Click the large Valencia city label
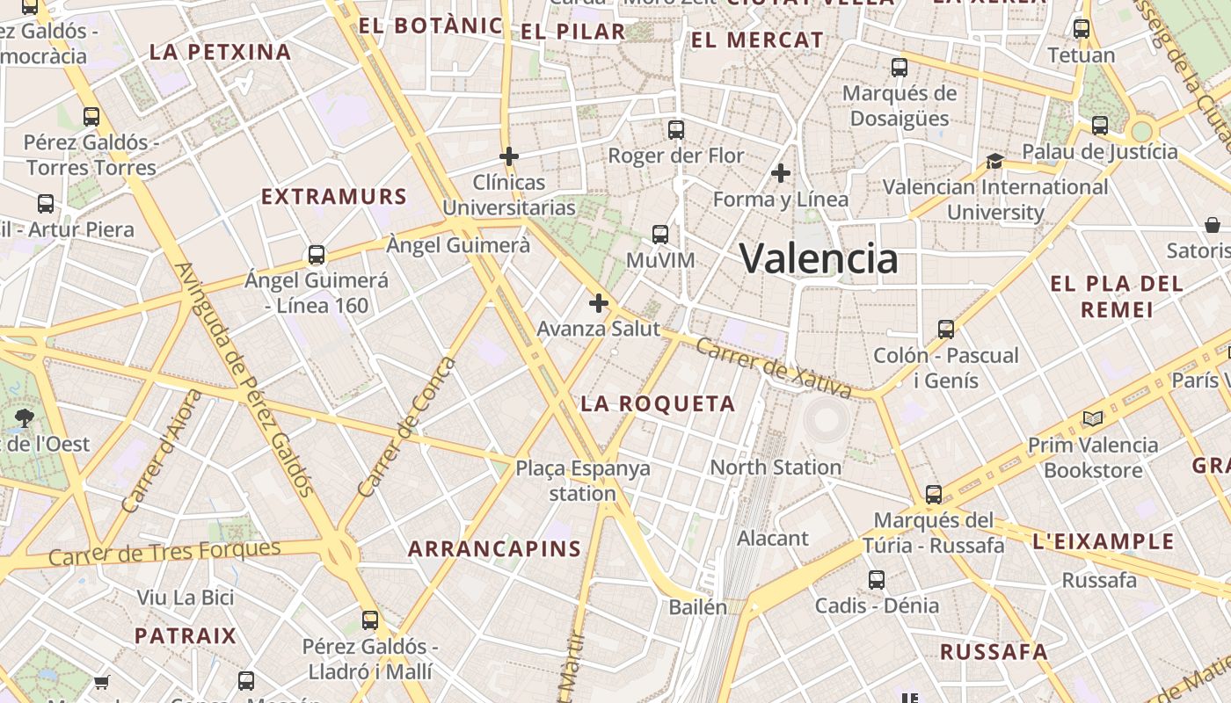click(x=819, y=258)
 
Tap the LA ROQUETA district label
click(x=658, y=404)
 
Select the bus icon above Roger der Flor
click(x=675, y=130)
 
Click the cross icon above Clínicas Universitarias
click(x=508, y=157)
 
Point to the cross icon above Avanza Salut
click(x=599, y=303)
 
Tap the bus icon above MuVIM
click(x=659, y=235)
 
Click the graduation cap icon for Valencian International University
click(x=994, y=161)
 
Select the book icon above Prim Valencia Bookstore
click(x=1093, y=419)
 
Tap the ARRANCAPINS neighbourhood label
click(x=495, y=549)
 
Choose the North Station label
click(x=776, y=467)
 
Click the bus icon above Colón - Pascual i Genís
click(x=945, y=330)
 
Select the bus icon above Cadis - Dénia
click(x=877, y=580)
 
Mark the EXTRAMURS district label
click(x=334, y=197)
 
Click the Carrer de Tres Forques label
click(x=164, y=553)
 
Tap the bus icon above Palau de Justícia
click(x=1099, y=126)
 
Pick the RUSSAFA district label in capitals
click(x=994, y=652)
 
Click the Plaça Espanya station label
click(x=583, y=480)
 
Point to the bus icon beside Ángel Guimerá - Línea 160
click(x=317, y=256)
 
